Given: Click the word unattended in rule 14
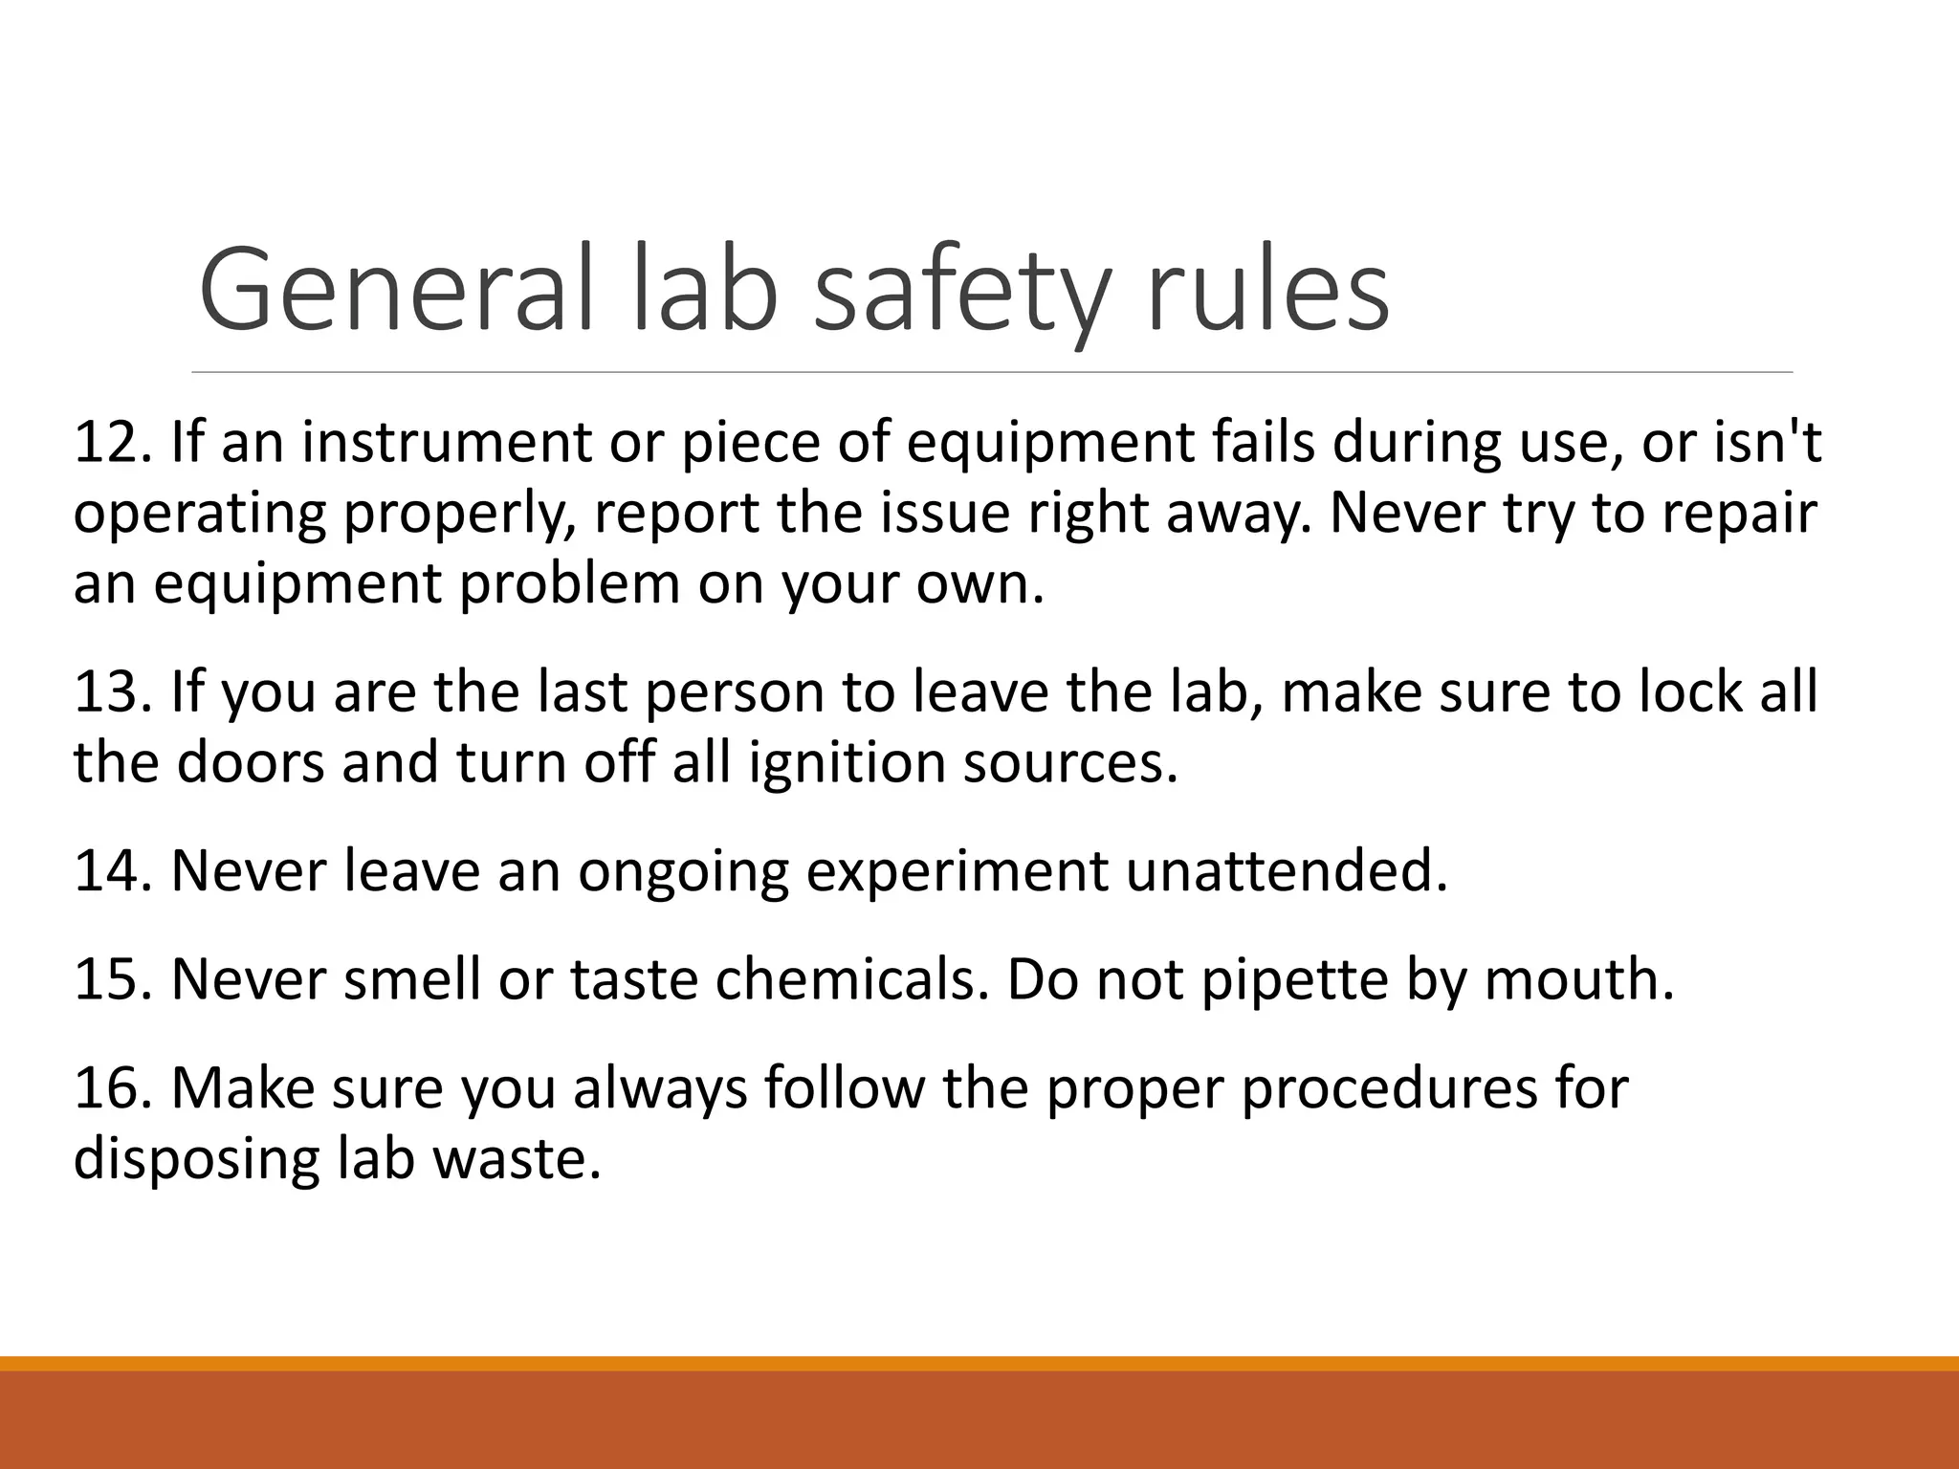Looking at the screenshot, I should (x=1287, y=870).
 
